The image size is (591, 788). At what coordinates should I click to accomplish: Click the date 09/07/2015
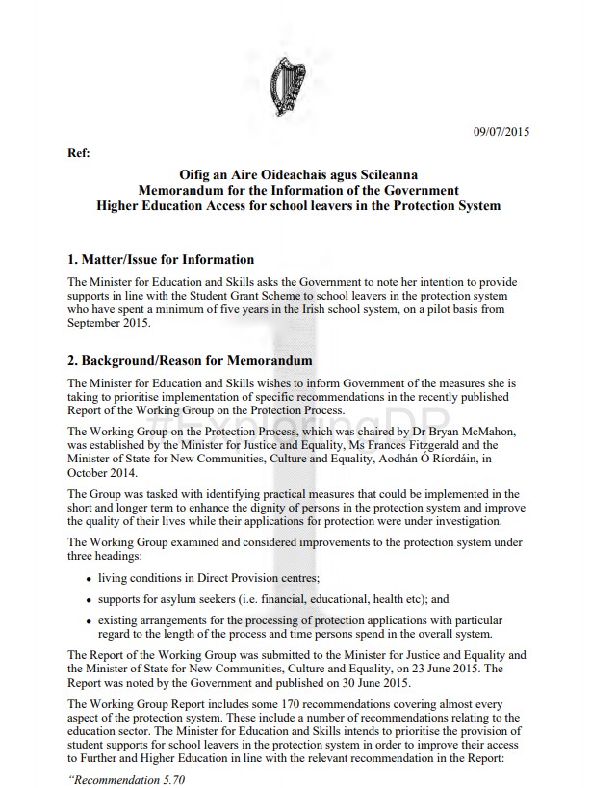coord(501,130)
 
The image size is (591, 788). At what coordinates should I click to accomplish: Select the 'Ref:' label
coord(79,153)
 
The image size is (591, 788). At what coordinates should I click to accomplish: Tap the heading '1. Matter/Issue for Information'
coord(161,259)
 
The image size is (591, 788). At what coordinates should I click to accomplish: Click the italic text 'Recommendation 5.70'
coord(126,779)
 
